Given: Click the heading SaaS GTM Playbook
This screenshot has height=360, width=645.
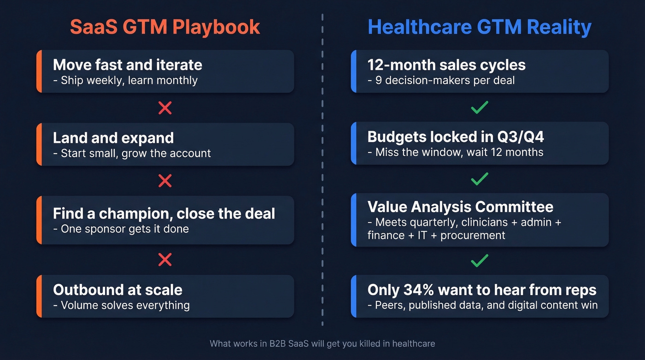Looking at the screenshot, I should point(165,27).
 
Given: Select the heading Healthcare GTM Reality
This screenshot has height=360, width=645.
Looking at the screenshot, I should point(479,27).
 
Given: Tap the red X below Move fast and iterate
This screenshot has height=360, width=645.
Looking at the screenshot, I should point(165,108).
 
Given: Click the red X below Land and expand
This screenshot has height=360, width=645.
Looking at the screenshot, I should point(165,181).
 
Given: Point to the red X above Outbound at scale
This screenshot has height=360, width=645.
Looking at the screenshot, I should point(165,260).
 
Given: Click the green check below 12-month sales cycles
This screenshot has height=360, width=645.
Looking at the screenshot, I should point(480,108).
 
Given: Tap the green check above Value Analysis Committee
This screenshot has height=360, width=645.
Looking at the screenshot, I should point(480,179).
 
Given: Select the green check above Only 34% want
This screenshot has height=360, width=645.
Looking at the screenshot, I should point(480,261).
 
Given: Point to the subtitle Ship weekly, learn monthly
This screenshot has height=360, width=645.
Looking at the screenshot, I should point(125,80).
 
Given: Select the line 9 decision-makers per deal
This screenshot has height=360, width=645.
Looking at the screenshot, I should point(441,80).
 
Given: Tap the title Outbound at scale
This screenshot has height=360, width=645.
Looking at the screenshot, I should point(117,290).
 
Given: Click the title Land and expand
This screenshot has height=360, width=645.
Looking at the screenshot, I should point(113,138).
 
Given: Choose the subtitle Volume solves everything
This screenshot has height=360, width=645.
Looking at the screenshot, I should point(121,305).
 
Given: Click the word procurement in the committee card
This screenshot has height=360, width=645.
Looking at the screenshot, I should point(473,235).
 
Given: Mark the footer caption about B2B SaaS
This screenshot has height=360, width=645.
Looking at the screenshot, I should point(322,343).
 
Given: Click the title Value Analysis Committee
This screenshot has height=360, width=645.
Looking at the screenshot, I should point(460,207).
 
